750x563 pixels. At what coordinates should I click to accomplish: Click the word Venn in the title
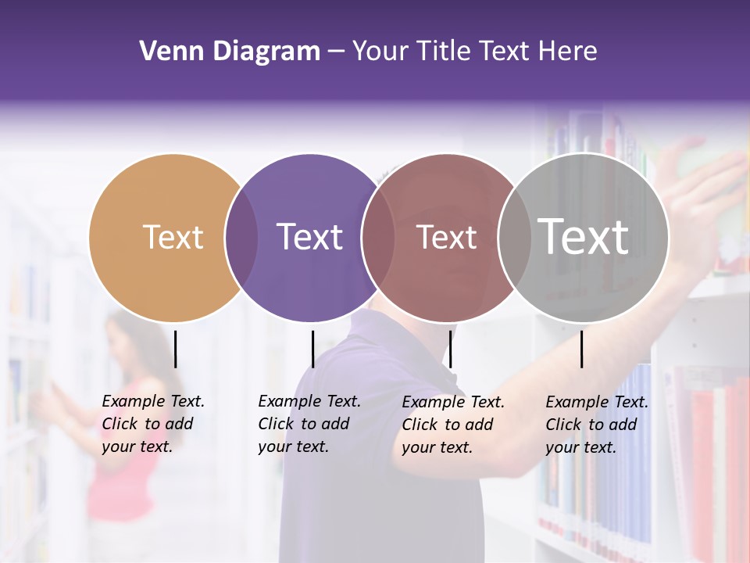pyautogui.click(x=164, y=52)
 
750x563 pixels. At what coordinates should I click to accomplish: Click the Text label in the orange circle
pyautogui.click(x=173, y=237)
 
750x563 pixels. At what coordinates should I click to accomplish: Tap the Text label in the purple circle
pyautogui.click(x=310, y=237)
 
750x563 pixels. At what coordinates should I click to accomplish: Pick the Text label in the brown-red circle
pyautogui.click(x=446, y=237)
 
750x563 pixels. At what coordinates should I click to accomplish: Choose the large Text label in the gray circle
pyautogui.click(x=584, y=236)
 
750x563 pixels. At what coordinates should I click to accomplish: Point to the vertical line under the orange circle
pyautogui.click(x=176, y=349)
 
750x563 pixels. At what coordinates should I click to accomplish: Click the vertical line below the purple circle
pyautogui.click(x=312, y=349)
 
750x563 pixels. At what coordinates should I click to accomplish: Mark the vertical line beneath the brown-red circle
pyautogui.click(x=451, y=349)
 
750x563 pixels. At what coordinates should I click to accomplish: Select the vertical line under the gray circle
pyautogui.click(x=581, y=349)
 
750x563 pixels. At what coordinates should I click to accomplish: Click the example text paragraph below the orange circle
pyautogui.click(x=153, y=424)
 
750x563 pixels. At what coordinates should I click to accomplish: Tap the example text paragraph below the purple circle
pyautogui.click(x=309, y=424)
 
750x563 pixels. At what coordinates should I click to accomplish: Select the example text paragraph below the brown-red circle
pyautogui.click(x=453, y=425)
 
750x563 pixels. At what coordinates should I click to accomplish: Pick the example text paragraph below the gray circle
pyautogui.click(x=597, y=425)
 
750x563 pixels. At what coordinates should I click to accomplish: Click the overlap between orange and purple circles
pyautogui.click(x=241, y=237)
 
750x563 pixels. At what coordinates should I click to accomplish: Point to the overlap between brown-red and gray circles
pyautogui.click(x=514, y=237)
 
